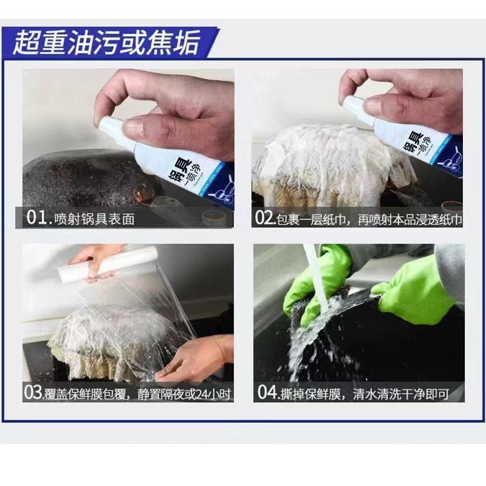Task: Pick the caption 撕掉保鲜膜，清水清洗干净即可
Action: pos(364,393)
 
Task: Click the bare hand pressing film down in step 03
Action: pos(194,361)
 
